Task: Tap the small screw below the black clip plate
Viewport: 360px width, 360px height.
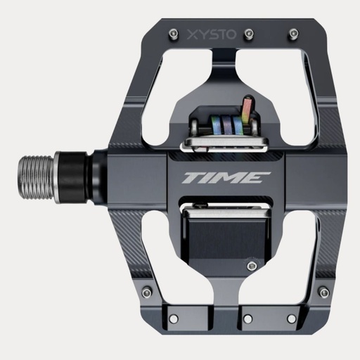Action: click(x=251, y=265)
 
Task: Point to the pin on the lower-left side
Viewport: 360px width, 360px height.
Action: click(x=146, y=292)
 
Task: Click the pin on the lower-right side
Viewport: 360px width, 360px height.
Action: click(x=323, y=292)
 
